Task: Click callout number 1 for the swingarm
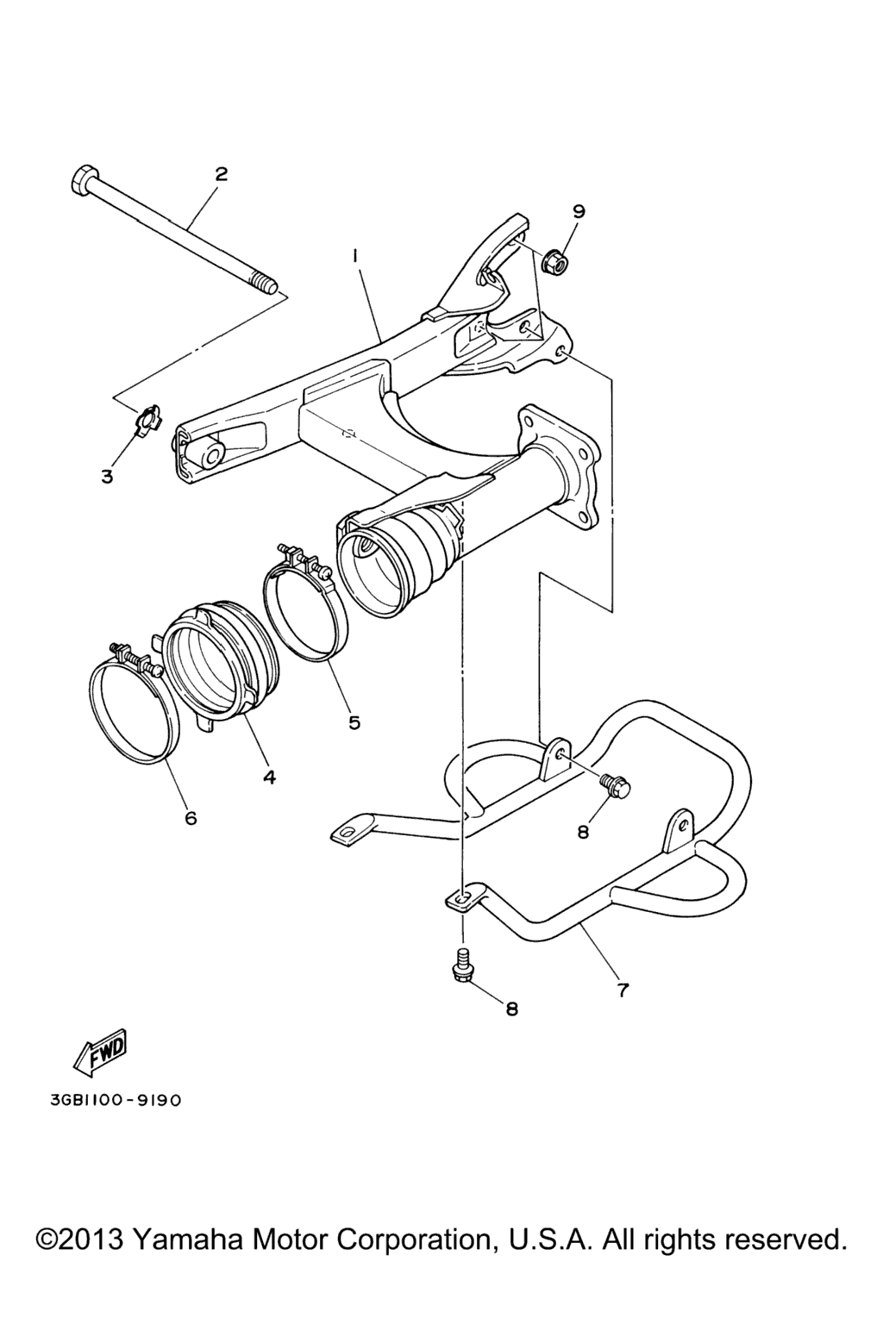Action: (355, 255)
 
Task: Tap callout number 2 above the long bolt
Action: (221, 174)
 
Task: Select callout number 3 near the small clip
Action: (107, 477)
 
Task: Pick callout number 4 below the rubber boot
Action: (270, 777)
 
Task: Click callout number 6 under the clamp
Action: (191, 818)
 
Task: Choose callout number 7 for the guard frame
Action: (623, 990)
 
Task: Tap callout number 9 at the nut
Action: (579, 211)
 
